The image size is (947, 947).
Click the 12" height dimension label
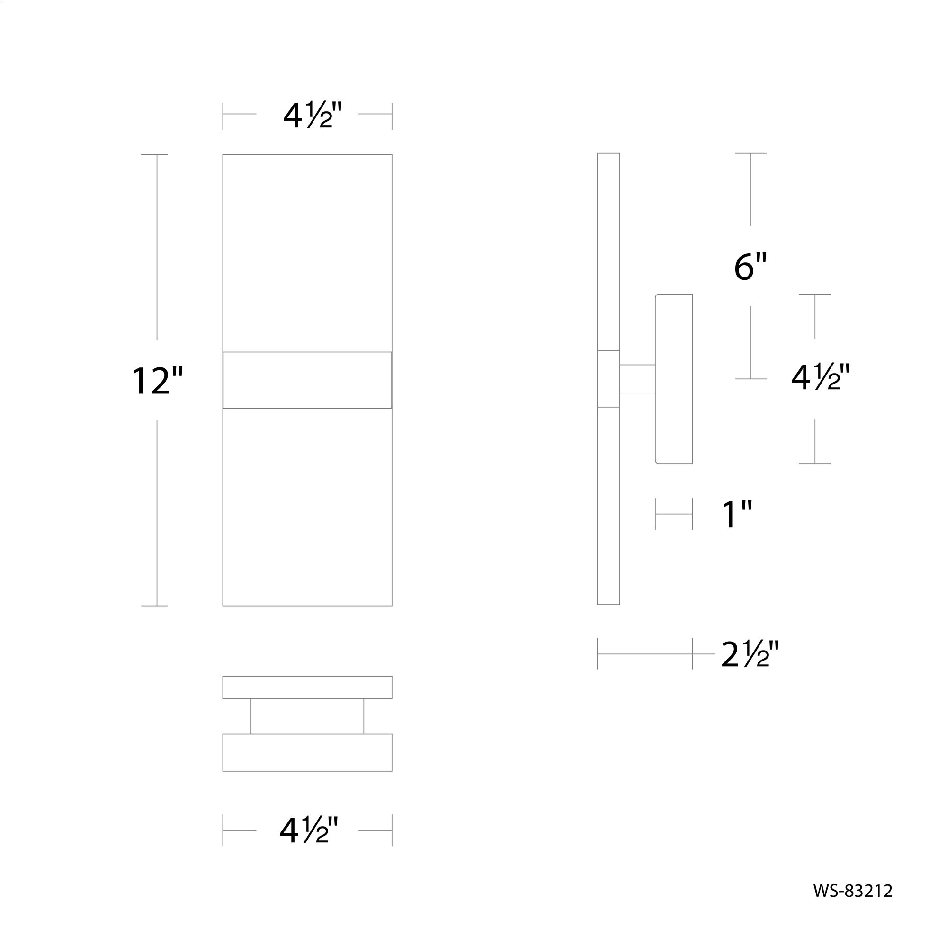click(x=157, y=381)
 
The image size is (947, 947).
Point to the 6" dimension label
click(x=750, y=267)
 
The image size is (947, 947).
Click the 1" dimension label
click(x=737, y=515)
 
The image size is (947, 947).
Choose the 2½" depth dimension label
click(x=750, y=654)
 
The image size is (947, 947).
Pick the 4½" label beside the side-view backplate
click(x=820, y=377)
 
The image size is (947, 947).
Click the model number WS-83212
click(x=853, y=891)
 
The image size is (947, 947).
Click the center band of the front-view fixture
click(x=307, y=380)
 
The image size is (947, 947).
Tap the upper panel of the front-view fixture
click(x=307, y=252)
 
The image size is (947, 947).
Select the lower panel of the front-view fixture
click(x=307, y=507)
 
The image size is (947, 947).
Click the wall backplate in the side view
click(x=674, y=378)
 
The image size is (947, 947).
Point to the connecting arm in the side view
click(x=637, y=379)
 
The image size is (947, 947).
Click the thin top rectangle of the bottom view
click(x=307, y=687)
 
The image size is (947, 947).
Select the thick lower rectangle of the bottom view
click(x=307, y=752)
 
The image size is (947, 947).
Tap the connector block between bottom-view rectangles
click(x=307, y=716)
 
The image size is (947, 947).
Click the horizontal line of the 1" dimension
click(x=674, y=514)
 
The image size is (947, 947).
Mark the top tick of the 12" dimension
click(x=154, y=154)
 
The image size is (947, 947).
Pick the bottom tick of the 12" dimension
click(x=154, y=606)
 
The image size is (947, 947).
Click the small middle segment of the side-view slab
click(x=608, y=379)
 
